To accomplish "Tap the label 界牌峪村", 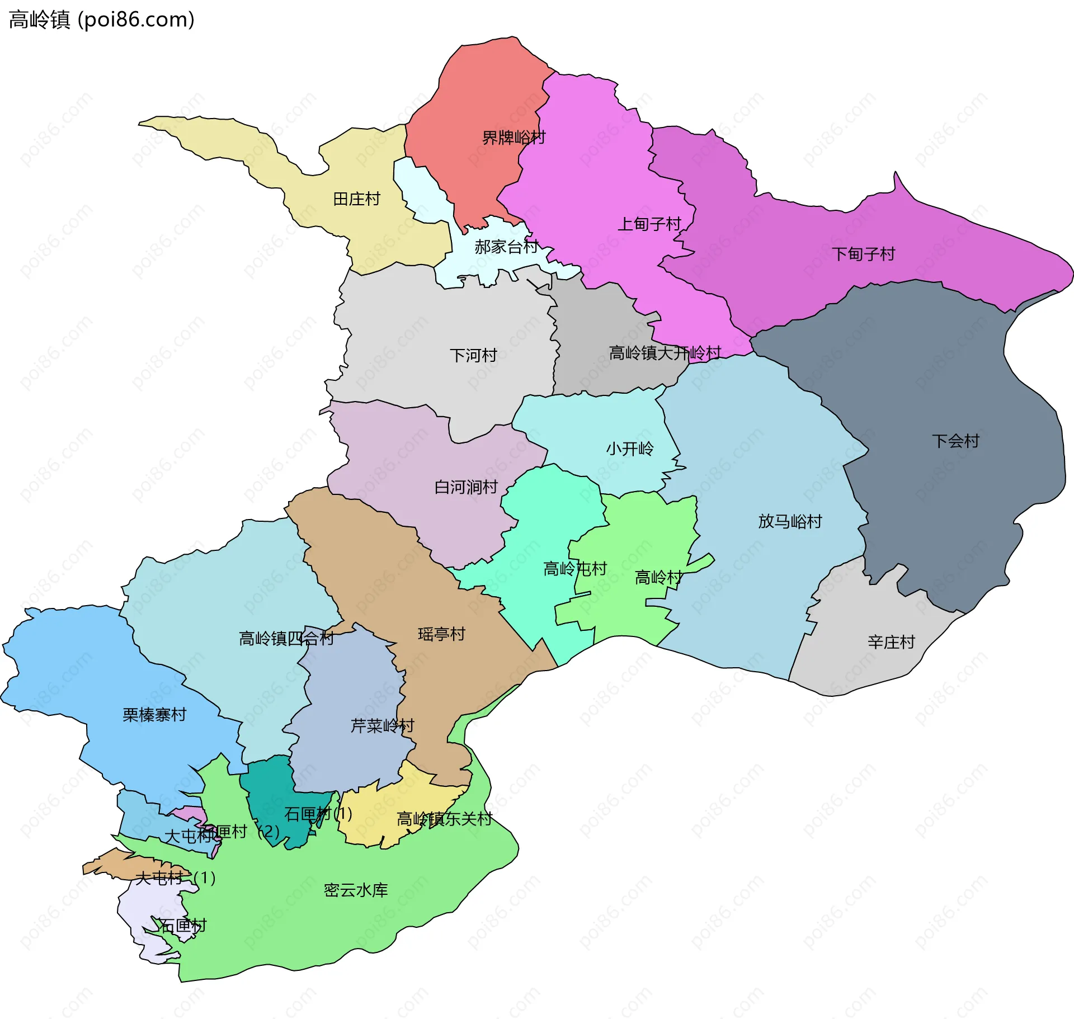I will pos(514,138).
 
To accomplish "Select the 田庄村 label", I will pos(356,199).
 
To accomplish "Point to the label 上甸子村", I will pos(649,224).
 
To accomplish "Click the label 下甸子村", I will pos(863,254).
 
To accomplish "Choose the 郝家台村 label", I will pos(506,247).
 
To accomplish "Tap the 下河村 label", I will pos(473,356).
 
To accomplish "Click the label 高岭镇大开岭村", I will pos(665,353).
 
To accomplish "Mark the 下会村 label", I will pos(955,441).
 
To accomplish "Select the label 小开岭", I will pos(629,449).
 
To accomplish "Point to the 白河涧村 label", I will pos(466,487).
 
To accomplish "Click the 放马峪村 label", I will pos(790,522).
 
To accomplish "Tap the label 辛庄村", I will pos(891,642).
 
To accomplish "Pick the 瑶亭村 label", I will pos(441,634).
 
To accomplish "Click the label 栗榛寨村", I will pos(154,715).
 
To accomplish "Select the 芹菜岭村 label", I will pos(382,726).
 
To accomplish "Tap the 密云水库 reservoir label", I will pos(356,890).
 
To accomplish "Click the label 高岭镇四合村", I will pos(286,638).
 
